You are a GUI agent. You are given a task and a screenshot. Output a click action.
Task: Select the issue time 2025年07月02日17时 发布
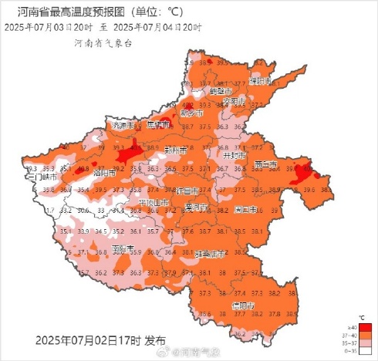(100, 339)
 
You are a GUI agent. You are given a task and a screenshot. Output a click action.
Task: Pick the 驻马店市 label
(210, 253)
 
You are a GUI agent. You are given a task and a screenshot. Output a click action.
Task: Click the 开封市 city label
(233, 154)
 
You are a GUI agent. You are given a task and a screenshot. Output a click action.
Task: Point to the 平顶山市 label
(154, 202)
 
